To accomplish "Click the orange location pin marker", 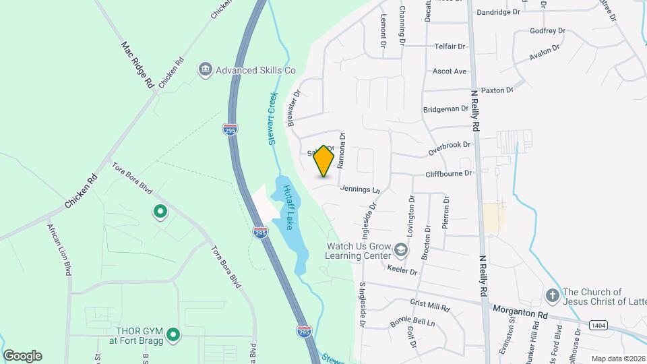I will pyautogui.click(x=324, y=161).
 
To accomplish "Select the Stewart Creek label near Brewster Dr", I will pyautogui.click(x=272, y=118).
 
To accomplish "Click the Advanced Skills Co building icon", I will pyautogui.click(x=204, y=69).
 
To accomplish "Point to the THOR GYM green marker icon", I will pyautogui.click(x=173, y=334).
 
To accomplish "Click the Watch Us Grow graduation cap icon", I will pyautogui.click(x=401, y=251).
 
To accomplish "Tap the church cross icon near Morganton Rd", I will pyautogui.click(x=552, y=295).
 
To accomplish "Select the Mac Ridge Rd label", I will pyautogui.click(x=137, y=65).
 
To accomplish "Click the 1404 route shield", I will pyautogui.click(x=598, y=325).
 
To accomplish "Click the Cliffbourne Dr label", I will pyautogui.click(x=449, y=173).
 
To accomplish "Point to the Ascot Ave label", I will pyautogui.click(x=450, y=71).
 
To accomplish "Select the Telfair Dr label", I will pyautogui.click(x=449, y=47).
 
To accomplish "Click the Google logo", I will pyautogui.click(x=22, y=356).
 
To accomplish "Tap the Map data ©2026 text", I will pyautogui.click(x=617, y=359).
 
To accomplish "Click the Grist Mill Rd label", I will pyautogui.click(x=429, y=306).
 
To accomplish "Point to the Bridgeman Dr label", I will pyautogui.click(x=445, y=109).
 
